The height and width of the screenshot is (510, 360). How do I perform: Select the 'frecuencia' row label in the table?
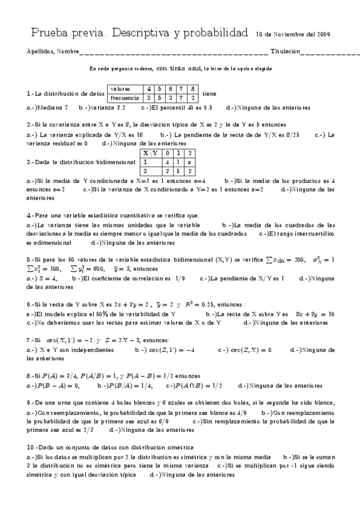click(x=124, y=97)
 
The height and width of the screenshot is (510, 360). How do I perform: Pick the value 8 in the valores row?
click(x=193, y=88)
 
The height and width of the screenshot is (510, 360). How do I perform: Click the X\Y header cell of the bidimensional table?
click(x=149, y=153)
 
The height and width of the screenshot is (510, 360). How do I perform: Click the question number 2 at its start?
click(x=30, y=124)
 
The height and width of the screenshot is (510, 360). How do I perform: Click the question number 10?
click(x=31, y=447)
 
